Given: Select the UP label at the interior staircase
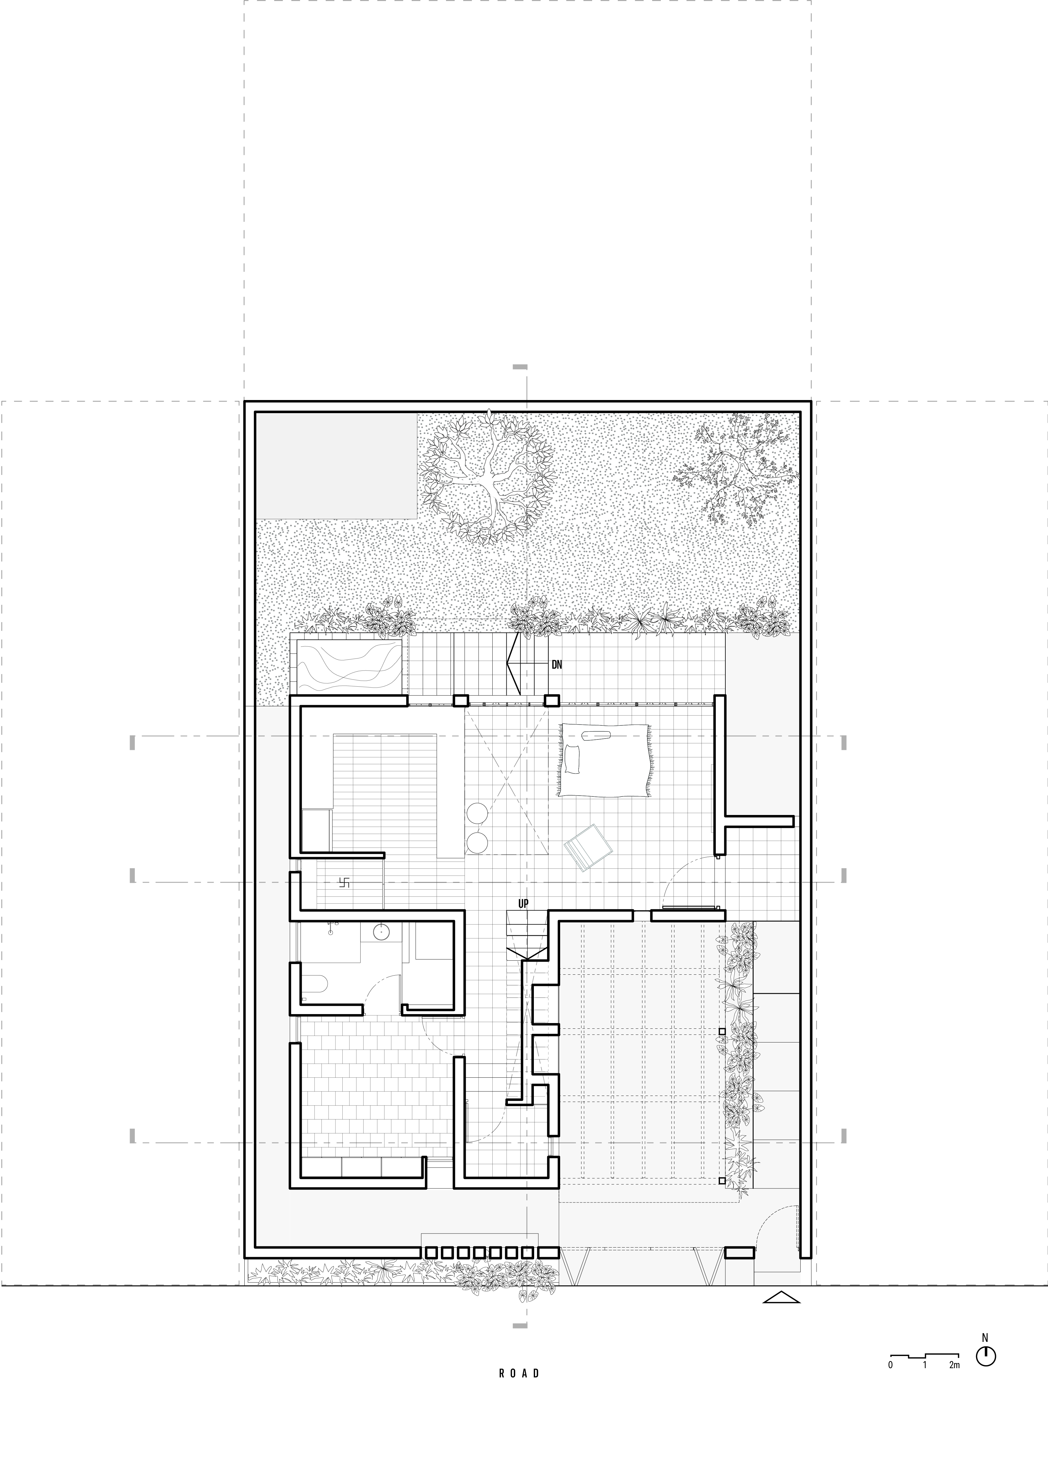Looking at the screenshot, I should click(523, 904).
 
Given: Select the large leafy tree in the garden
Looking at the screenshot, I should click(488, 476).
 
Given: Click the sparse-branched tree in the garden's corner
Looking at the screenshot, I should click(736, 466).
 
